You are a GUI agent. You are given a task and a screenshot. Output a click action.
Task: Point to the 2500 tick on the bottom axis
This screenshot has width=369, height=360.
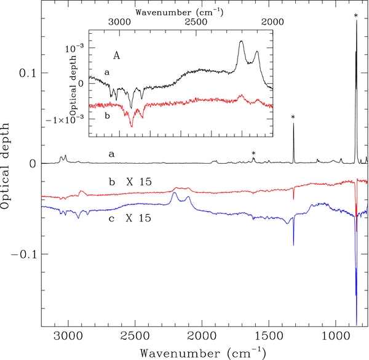coord(135,337)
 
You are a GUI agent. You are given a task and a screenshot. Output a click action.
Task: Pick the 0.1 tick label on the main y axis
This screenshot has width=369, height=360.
coord(26,73)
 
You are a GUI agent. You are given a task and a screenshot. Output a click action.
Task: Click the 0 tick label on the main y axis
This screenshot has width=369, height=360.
coord(31,164)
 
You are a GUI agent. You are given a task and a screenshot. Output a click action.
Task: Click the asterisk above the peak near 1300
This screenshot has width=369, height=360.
coord(293,118)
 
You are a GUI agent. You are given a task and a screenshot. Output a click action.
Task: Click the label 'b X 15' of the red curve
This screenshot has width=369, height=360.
coord(128,182)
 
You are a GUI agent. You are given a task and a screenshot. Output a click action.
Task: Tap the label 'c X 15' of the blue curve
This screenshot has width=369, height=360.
coord(128,218)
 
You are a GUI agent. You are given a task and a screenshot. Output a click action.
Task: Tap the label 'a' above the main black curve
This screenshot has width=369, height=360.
coord(111,154)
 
